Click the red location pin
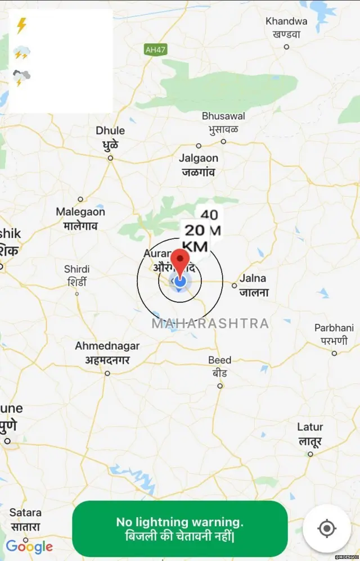[x=180, y=261]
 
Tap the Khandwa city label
[x=286, y=27]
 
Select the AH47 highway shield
[x=156, y=50]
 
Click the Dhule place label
[x=110, y=137]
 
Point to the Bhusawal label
[x=223, y=122]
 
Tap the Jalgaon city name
[x=199, y=165]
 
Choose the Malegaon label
[x=80, y=218]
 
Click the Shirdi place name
[x=77, y=275]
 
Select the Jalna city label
[x=253, y=285]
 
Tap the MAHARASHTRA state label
[x=210, y=324]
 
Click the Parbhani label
[x=334, y=334]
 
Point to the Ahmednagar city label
[x=107, y=352]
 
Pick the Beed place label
[x=219, y=366]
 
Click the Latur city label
[x=310, y=434]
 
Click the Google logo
[x=29, y=546]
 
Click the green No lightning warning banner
[x=180, y=529]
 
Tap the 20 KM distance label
[x=195, y=237]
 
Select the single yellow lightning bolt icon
[x=21, y=26]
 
